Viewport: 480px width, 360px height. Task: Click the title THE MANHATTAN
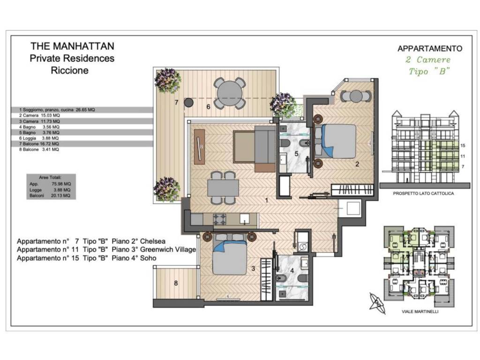tap(72, 46)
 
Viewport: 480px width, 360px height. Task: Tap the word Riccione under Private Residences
tap(69, 70)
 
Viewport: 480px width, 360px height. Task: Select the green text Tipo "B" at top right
tap(429, 71)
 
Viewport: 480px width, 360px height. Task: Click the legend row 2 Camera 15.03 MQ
tap(39, 115)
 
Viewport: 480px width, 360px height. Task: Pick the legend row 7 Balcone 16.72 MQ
tap(39, 143)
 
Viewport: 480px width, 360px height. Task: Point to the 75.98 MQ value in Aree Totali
tap(61, 184)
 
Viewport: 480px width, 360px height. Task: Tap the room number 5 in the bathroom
tap(296, 154)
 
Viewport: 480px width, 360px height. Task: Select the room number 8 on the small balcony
tap(176, 283)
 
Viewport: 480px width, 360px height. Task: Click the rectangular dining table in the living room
tap(223, 188)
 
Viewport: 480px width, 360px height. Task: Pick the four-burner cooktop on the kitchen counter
tap(220, 219)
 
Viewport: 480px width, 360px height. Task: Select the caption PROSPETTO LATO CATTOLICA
tap(423, 194)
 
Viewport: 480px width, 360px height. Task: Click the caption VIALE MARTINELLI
tap(420, 312)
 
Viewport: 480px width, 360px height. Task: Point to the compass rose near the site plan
tap(377, 303)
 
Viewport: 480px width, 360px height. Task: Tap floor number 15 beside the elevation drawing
tap(463, 146)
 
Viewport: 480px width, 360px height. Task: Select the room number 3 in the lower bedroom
tap(253, 269)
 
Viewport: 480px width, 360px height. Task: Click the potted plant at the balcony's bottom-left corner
tap(167, 189)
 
